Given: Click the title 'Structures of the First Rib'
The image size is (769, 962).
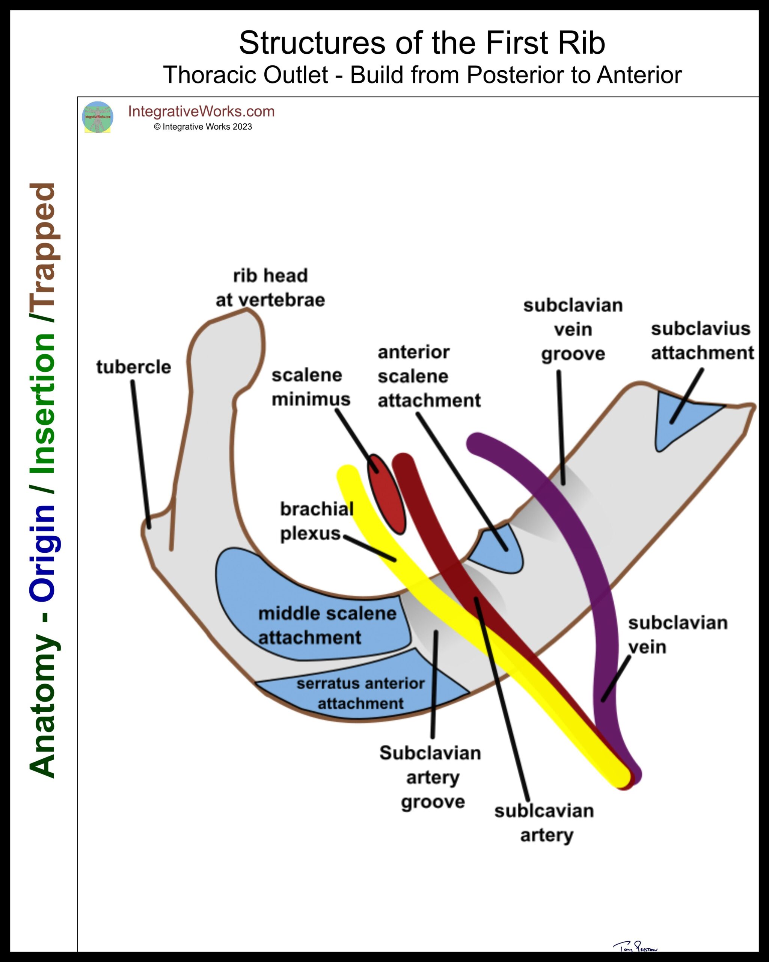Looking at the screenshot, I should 422,43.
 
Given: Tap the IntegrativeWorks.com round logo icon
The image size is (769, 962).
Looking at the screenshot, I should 98,117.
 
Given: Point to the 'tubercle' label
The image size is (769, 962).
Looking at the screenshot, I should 134,367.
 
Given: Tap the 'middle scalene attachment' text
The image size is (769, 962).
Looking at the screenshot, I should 327,625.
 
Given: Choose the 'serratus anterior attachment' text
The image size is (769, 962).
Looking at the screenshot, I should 360,693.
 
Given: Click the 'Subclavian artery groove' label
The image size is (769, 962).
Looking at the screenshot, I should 431,777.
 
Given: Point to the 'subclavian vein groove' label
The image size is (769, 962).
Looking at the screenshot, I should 573,330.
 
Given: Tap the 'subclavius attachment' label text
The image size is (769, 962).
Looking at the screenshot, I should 702,341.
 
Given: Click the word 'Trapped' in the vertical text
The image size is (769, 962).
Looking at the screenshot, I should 43,252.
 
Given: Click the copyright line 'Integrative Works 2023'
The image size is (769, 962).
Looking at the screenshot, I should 203,127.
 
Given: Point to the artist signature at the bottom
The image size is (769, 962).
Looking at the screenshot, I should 635,945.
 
